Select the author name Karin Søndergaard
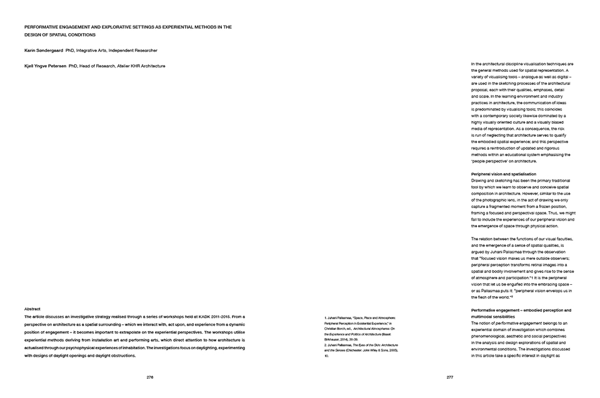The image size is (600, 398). point(43,50)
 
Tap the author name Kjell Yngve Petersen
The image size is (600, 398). point(45,66)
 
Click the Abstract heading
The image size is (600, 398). point(32,309)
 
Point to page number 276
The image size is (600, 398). point(150,377)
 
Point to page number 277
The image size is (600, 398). point(449,377)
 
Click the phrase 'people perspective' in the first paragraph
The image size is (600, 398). point(491,161)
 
